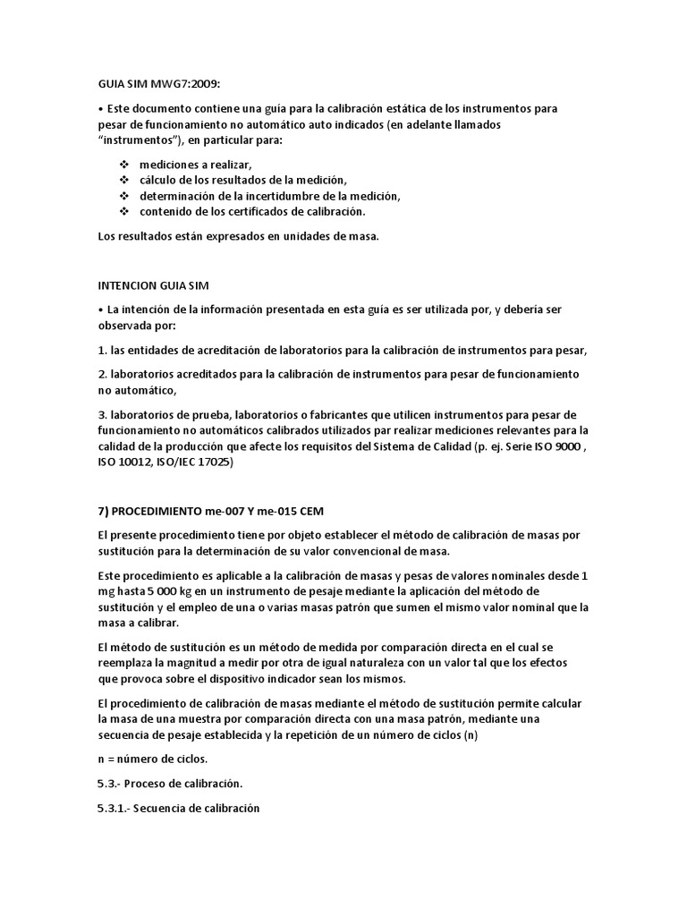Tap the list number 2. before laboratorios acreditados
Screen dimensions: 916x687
101,373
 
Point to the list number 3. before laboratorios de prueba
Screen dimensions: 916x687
101,415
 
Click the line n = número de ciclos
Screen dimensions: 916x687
153,759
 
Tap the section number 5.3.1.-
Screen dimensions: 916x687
118,808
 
